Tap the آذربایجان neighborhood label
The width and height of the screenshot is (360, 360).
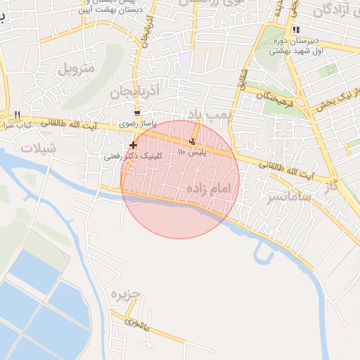pos(131,92)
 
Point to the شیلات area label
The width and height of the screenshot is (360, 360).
pos(37,148)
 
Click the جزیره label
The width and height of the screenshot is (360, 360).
pos(127,293)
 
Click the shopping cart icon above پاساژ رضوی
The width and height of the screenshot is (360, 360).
pos(137,112)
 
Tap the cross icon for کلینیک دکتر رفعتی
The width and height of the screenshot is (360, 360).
pos(133,145)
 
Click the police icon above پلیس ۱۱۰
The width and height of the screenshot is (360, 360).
pos(193,141)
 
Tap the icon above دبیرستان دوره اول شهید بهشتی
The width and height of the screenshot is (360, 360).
pos(296,30)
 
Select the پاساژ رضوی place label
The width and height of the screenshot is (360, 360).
pos(136,124)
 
